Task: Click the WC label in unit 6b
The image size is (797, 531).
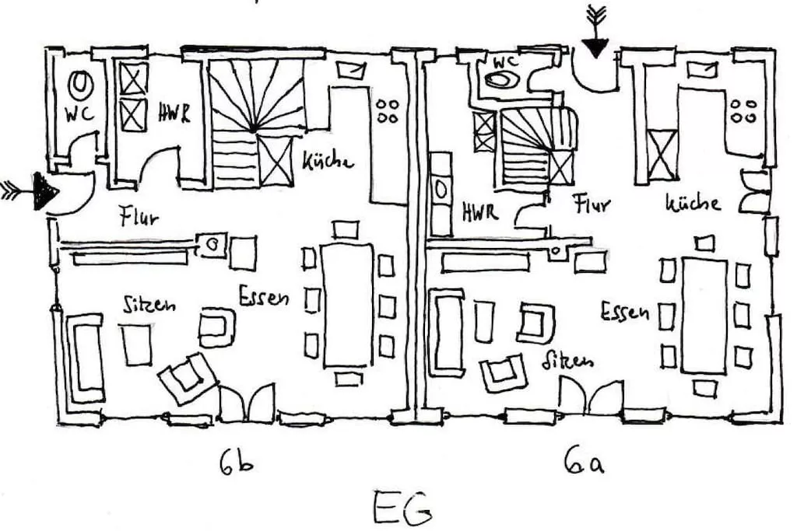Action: (x=80, y=114)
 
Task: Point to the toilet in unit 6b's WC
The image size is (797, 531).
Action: (x=79, y=82)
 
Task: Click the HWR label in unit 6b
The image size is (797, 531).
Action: (x=174, y=114)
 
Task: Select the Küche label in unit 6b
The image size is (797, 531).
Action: (x=328, y=161)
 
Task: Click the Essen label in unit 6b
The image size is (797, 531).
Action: (x=264, y=296)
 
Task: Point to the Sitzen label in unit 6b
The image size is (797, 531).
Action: (x=149, y=303)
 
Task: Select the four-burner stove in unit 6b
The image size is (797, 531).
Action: (x=387, y=110)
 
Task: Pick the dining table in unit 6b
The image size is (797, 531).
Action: (x=346, y=304)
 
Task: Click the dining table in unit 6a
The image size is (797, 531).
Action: (x=704, y=316)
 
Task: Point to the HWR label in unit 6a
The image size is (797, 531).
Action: (x=479, y=211)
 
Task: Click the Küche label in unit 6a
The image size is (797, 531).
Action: (x=692, y=204)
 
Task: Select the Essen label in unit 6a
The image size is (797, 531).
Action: (x=625, y=313)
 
